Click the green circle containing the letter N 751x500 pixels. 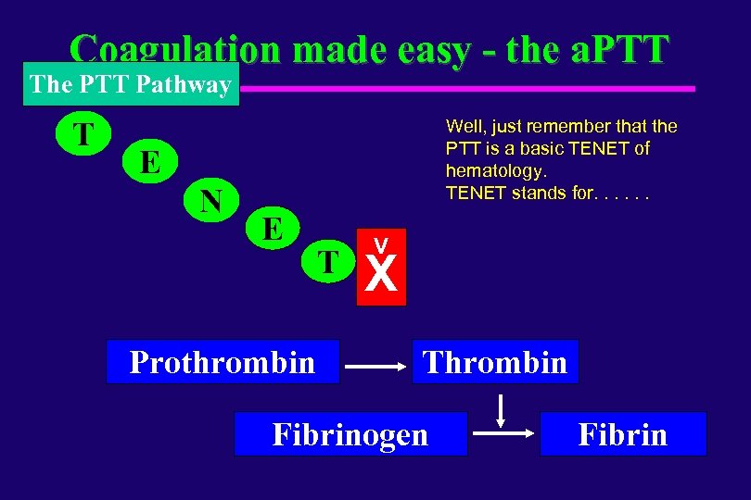pyautogui.click(x=211, y=200)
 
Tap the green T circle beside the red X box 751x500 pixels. pyautogui.click(x=328, y=261)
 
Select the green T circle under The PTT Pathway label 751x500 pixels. pyautogui.click(x=83, y=134)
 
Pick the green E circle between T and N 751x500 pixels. pyautogui.click(x=148, y=163)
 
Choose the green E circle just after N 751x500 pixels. pyautogui.click(x=273, y=227)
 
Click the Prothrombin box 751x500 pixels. pyautogui.click(x=223, y=362)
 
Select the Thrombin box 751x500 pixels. pyautogui.click(x=495, y=362)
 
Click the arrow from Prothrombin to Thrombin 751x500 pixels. pyautogui.click(x=375, y=368)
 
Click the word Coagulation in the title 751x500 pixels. pyautogui.click(x=175, y=48)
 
